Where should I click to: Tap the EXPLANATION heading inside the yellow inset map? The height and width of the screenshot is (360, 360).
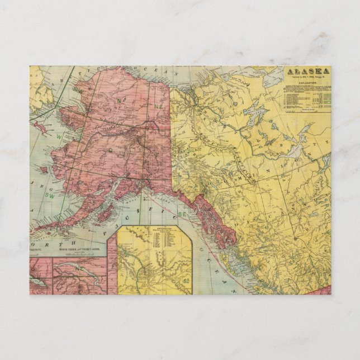pos(158,229)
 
